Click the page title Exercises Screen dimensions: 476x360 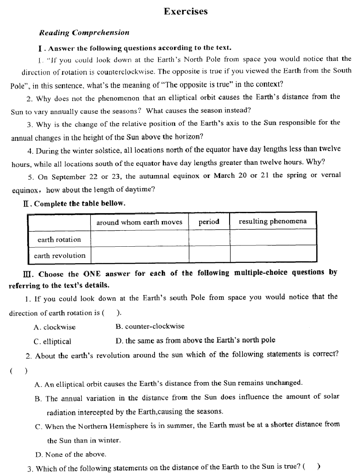185,12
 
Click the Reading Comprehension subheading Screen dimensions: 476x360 84,33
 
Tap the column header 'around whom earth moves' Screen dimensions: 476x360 139,222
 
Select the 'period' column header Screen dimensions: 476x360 209,222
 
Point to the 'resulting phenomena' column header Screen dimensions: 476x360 272,221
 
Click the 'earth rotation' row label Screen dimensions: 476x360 59,240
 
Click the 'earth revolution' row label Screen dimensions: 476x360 59,256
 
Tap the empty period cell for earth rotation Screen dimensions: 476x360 209,238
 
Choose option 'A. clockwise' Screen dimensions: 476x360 54,327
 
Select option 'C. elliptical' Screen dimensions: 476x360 52,341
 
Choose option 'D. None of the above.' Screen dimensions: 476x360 71,455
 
